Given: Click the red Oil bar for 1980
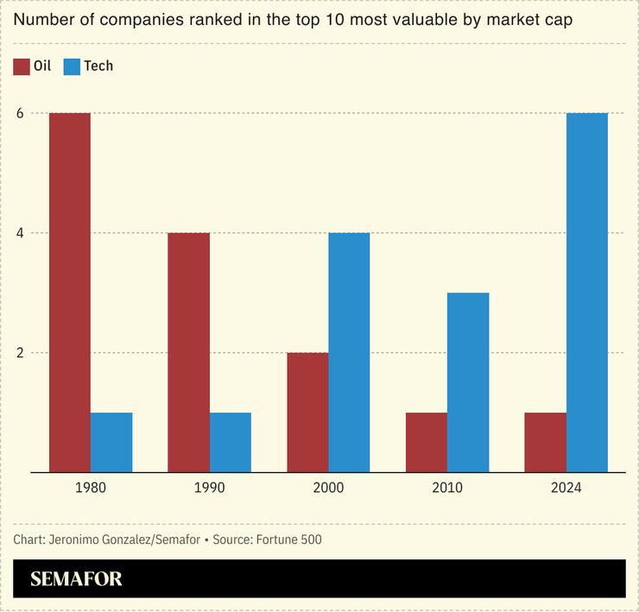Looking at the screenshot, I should [70, 293].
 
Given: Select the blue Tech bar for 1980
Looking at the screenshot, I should [111, 442].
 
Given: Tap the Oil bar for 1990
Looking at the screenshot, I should [189, 352].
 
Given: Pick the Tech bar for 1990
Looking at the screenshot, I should [231, 442].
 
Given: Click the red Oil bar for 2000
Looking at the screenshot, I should [307, 412].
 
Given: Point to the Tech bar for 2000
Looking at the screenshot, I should [349, 352].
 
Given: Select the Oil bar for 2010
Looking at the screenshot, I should [427, 442].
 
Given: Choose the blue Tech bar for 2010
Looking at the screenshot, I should [468, 382].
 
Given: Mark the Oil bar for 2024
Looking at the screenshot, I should [546, 442].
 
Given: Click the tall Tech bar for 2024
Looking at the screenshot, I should [587, 293].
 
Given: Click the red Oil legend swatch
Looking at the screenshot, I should [22, 66].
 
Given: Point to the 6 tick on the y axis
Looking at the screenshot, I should [18, 113].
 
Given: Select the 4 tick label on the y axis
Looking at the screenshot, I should [18, 233].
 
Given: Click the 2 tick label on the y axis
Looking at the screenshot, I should [18, 352].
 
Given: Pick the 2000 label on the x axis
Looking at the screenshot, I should [328, 488].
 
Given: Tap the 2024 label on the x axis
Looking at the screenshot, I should [566, 488].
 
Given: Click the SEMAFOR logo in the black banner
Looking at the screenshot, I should [76, 579].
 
